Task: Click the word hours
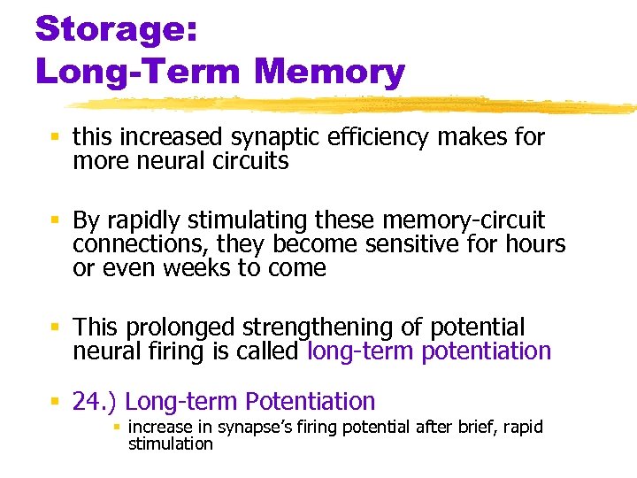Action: [x=534, y=243]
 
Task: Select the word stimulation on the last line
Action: [x=170, y=443]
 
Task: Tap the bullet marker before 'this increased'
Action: [x=55, y=137]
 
